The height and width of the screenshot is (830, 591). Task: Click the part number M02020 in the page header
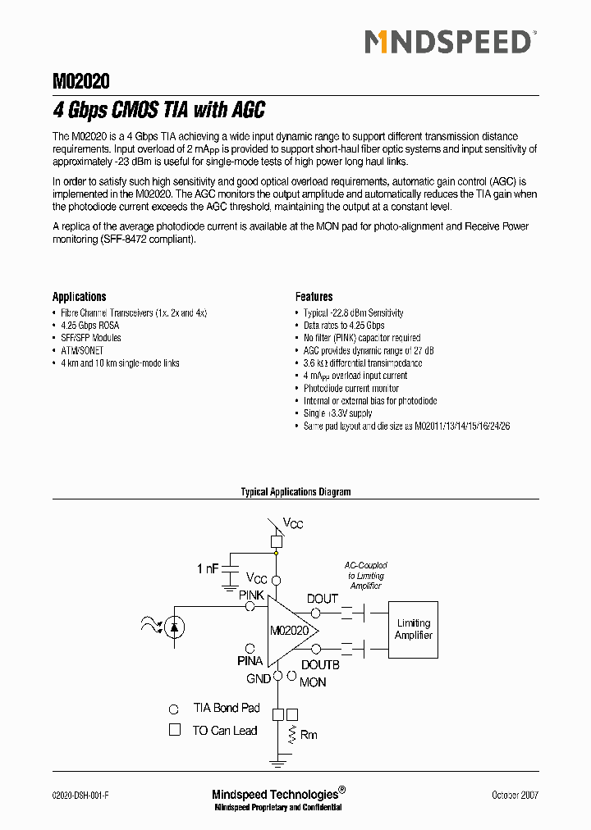(81, 81)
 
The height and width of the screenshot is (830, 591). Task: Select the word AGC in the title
(248, 110)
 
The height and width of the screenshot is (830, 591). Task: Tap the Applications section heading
(80, 297)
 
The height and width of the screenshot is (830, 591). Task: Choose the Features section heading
(314, 297)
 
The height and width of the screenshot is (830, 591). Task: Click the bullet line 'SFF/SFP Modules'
(91, 338)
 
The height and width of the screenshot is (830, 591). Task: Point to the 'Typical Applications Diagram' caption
(295, 492)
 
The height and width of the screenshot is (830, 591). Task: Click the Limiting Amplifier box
(413, 630)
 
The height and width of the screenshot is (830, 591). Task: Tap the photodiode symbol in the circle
(174, 627)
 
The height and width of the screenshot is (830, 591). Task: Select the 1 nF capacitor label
(208, 568)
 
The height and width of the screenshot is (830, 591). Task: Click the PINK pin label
(251, 595)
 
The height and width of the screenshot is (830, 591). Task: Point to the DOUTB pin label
(320, 665)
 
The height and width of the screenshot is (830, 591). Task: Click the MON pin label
(313, 682)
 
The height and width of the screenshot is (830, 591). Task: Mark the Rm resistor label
(309, 735)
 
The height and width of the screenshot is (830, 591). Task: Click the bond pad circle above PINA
(250, 648)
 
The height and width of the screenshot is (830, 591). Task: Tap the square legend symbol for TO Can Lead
(174, 730)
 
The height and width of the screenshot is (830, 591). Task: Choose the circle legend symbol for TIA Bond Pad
(174, 709)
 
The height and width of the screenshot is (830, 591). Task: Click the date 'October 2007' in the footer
(515, 795)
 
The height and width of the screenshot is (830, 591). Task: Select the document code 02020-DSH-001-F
(80, 795)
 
